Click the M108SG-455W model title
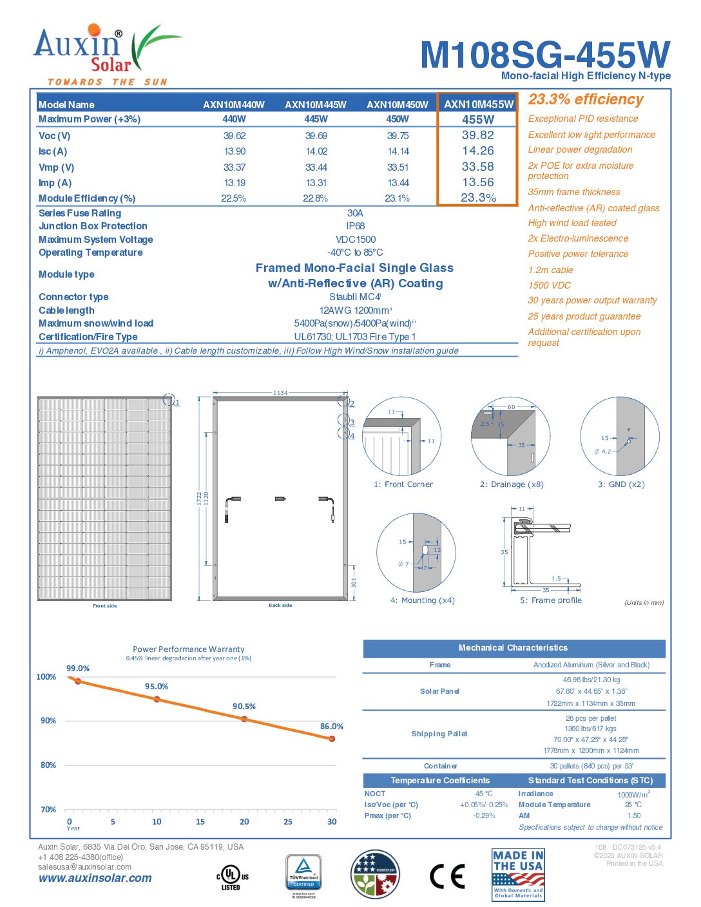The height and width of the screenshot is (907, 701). click(x=544, y=55)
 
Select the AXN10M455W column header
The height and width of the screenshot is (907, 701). click(x=478, y=104)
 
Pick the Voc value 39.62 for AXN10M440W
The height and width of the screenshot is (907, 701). click(x=235, y=136)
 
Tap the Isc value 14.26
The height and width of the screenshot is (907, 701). click(x=478, y=151)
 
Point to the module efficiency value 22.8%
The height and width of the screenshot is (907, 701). click(x=316, y=198)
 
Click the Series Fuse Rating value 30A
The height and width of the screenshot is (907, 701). click(x=355, y=213)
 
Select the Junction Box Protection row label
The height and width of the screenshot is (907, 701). click(x=93, y=226)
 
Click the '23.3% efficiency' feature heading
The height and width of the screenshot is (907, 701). click(x=586, y=100)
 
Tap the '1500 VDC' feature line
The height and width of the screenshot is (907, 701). click(x=550, y=285)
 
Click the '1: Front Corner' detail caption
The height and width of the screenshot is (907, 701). click(x=403, y=484)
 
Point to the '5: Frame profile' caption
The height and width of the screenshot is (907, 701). click(x=551, y=600)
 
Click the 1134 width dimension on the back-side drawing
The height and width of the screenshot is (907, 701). click(x=280, y=392)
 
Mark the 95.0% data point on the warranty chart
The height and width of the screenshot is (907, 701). click(x=157, y=699)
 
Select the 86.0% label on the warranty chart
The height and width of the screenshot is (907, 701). click(x=332, y=727)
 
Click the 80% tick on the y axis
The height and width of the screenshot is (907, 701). click(x=48, y=765)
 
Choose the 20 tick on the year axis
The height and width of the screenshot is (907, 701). click(x=244, y=822)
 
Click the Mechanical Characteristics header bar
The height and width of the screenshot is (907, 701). click(x=514, y=648)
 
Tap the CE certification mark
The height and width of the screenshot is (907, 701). click(x=447, y=876)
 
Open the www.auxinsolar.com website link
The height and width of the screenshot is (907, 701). click(x=95, y=878)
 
